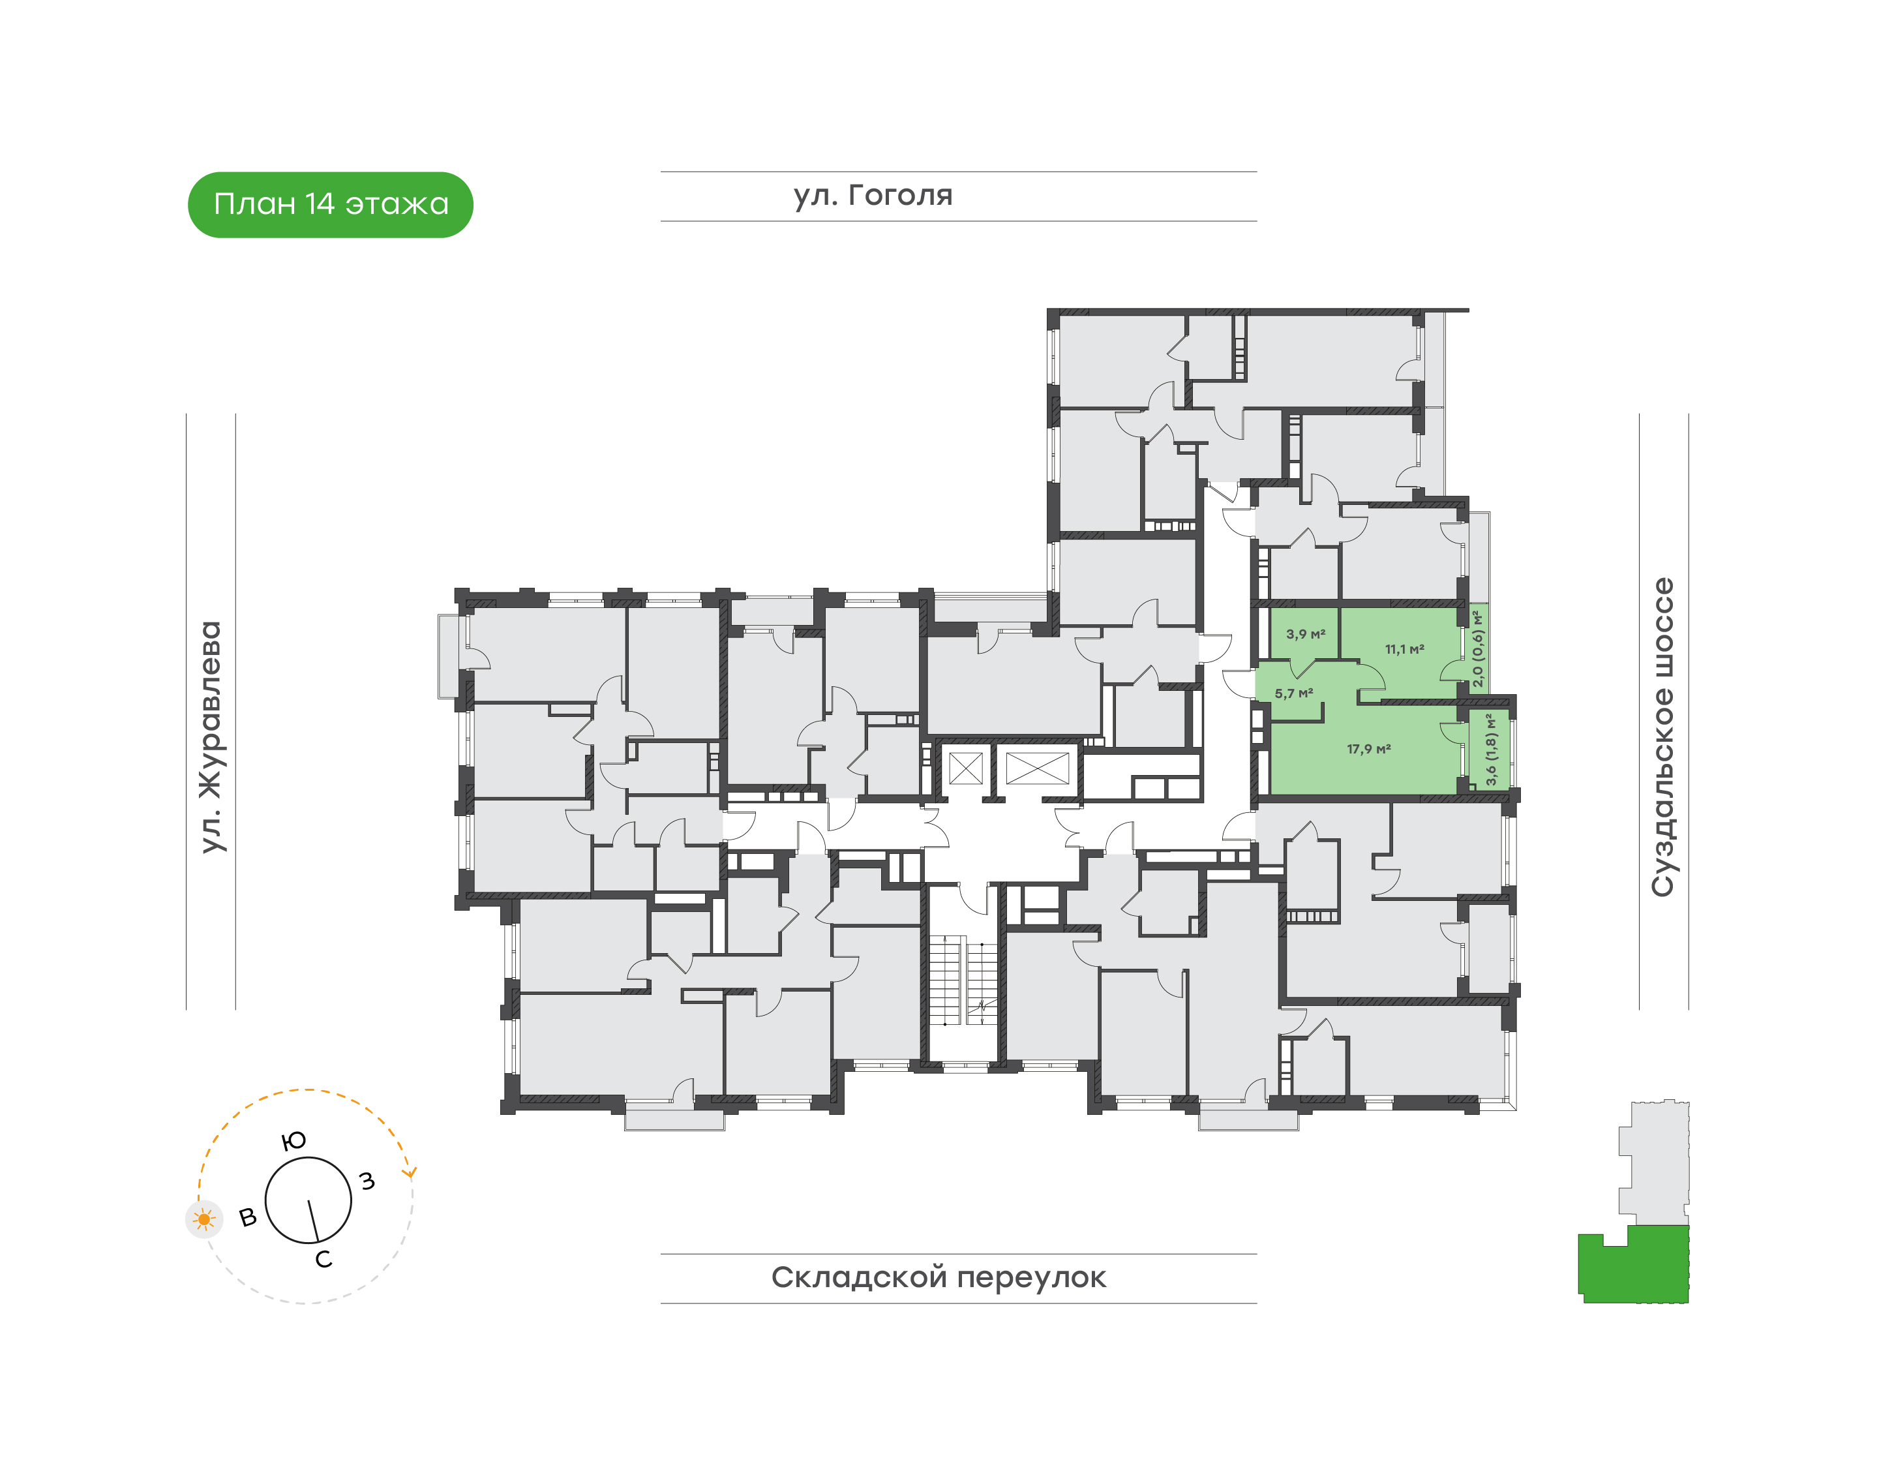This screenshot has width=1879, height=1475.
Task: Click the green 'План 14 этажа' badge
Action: pyautogui.click(x=331, y=205)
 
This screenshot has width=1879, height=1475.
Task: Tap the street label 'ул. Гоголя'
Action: pyautogui.click(x=873, y=195)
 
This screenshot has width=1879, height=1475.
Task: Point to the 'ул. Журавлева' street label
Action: pyautogui.click(x=211, y=737)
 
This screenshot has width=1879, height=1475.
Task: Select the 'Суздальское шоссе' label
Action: pyautogui.click(x=1662, y=737)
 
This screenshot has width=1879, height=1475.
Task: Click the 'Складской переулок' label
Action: pyautogui.click(x=939, y=1277)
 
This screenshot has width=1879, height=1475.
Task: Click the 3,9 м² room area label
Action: pyautogui.click(x=1306, y=634)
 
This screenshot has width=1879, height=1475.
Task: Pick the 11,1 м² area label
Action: pyautogui.click(x=1405, y=648)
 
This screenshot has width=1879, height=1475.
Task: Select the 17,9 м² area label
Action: pyautogui.click(x=1370, y=749)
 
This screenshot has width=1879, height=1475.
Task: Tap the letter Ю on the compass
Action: pyautogui.click(x=294, y=1141)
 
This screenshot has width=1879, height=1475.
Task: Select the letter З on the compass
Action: pyautogui.click(x=367, y=1181)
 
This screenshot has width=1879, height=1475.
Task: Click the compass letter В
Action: pyautogui.click(x=248, y=1218)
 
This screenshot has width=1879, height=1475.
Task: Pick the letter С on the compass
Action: pyautogui.click(x=323, y=1259)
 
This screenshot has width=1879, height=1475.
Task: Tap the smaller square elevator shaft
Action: pyautogui.click(x=965, y=768)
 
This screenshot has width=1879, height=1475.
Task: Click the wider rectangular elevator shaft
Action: pyautogui.click(x=1037, y=768)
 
